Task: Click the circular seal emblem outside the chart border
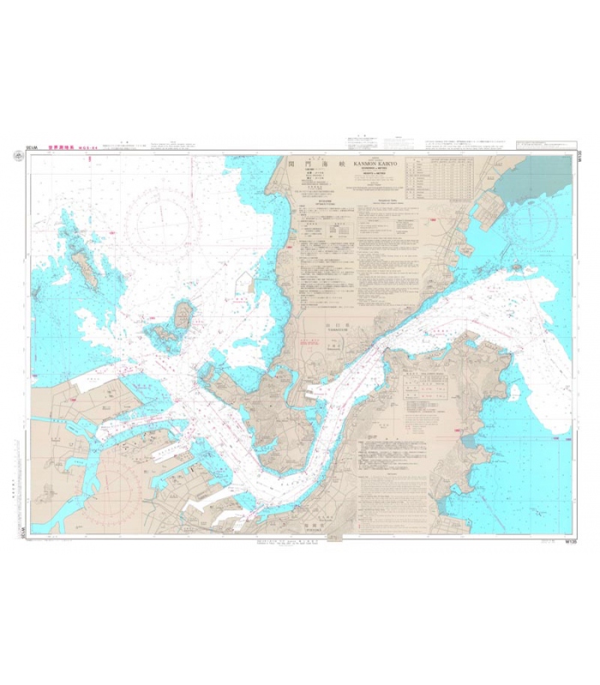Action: (x=18, y=157)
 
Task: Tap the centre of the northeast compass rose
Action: (x=531, y=224)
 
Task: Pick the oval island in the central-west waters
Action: (x=183, y=319)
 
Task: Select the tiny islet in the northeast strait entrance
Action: (x=517, y=267)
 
